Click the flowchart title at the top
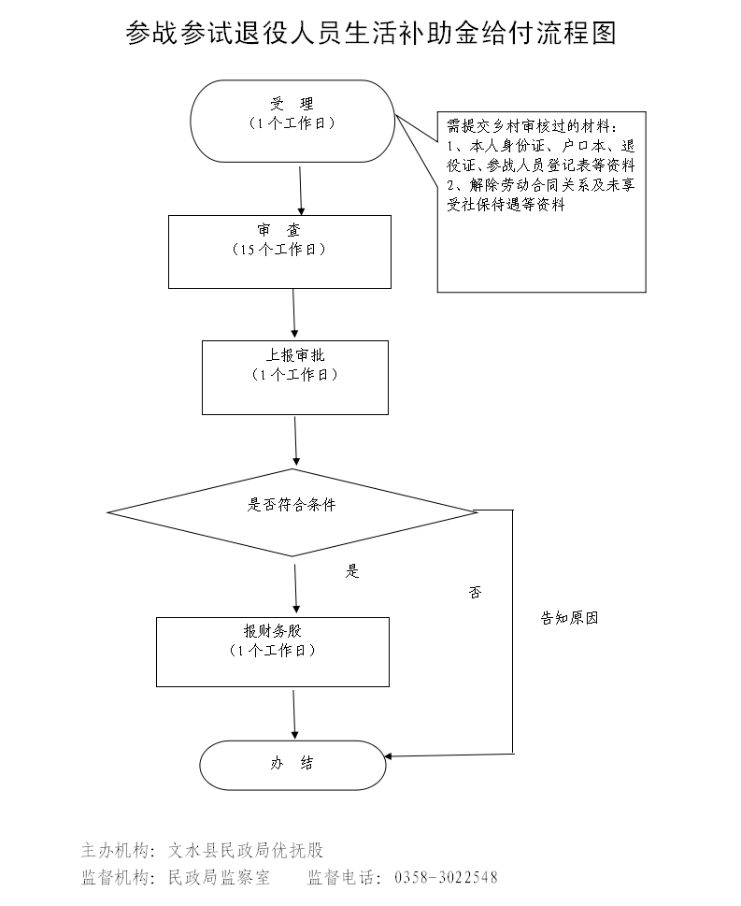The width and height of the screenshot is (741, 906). [x=371, y=35]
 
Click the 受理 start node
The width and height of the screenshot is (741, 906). [x=292, y=119]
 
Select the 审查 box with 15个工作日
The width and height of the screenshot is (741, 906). [x=278, y=251]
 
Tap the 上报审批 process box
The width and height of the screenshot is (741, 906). [x=294, y=377]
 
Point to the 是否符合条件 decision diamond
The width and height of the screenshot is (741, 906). [x=292, y=511]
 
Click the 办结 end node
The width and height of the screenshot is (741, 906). [x=292, y=765]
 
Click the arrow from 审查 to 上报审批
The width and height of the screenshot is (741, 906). [x=294, y=313]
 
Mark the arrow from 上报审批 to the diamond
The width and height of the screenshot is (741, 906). [x=296, y=441]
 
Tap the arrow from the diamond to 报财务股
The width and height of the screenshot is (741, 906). [x=295, y=586]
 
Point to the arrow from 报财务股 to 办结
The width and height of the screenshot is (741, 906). [x=294, y=714]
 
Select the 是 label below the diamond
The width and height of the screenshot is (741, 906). [x=352, y=571]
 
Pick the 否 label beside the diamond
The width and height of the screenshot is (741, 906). [x=475, y=592]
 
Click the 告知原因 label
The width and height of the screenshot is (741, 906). [x=569, y=618]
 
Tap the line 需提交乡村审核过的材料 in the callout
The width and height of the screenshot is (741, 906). [x=532, y=126]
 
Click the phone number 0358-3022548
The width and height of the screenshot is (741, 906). [x=447, y=878]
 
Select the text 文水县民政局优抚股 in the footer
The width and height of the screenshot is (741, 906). [x=246, y=851]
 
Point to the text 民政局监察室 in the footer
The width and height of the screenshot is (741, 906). [x=218, y=878]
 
